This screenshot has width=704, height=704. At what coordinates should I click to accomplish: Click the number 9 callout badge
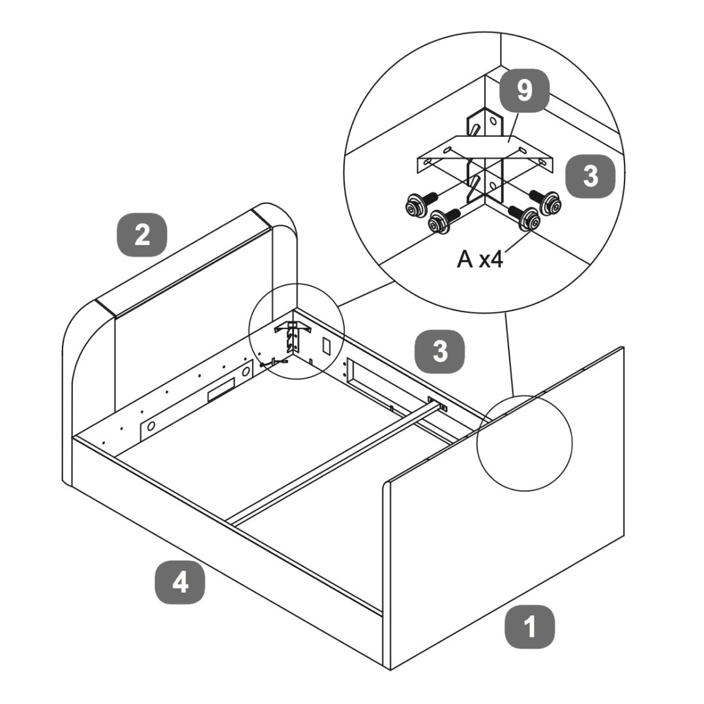coord(525,91)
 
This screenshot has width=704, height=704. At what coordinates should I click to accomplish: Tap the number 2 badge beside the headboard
coord(142,235)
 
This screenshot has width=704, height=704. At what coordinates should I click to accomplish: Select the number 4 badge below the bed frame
coord(180,582)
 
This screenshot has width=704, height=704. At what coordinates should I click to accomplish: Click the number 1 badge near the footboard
coord(531,628)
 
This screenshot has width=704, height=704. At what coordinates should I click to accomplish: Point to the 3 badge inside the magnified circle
coord(591,176)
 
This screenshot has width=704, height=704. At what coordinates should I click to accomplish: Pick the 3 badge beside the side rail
coord(441,351)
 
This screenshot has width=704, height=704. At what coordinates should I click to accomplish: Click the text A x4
coord(480,259)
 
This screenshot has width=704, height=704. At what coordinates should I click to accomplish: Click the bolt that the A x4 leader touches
coord(528,220)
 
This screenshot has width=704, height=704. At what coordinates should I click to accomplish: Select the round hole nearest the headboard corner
coord(246,372)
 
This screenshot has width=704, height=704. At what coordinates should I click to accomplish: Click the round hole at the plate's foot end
coord(151,426)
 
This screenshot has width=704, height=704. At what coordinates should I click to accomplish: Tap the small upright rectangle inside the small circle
coord(328,345)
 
